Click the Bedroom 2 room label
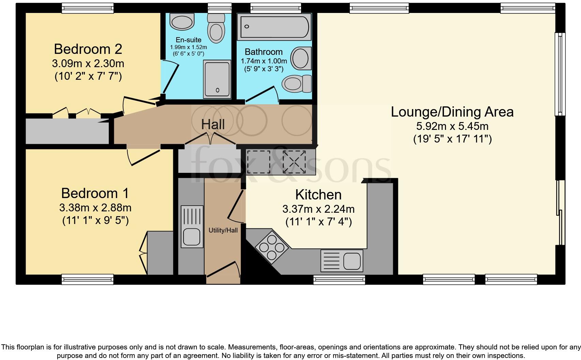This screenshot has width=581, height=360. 88,49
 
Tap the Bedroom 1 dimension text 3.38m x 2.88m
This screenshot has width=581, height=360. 95,207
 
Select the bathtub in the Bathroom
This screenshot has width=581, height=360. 274,27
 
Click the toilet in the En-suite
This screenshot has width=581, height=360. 216,29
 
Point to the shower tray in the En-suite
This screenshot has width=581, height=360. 217,79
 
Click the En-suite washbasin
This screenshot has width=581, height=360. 182,21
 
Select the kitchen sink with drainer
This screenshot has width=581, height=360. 342,261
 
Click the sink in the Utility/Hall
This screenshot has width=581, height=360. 191,226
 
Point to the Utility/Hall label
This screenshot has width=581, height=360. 223,230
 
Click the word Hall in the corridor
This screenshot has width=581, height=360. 213,124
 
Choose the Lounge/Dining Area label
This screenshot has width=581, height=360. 452,112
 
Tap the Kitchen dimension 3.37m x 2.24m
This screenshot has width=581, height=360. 318,209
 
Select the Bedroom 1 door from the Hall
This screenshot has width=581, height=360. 143,155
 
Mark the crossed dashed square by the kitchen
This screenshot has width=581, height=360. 294,162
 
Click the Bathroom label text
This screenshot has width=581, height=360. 264,52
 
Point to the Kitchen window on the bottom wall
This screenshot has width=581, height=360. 339,280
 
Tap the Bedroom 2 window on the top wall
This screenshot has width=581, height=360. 87,8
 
